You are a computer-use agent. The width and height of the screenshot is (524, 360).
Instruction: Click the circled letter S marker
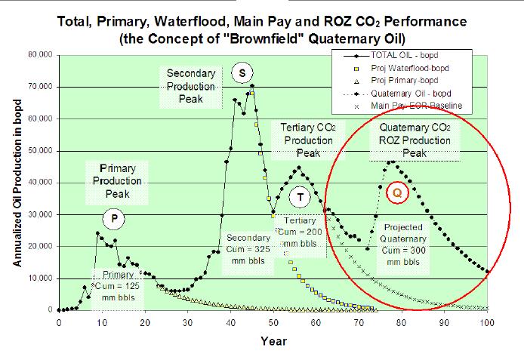pos(242,73)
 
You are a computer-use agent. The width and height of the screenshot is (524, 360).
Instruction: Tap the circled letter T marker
pos(301,198)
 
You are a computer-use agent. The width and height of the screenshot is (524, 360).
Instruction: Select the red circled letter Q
pos(397,192)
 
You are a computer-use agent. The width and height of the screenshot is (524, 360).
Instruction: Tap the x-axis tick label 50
pos(273,322)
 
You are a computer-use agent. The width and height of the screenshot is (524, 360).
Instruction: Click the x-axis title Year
pos(273,341)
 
